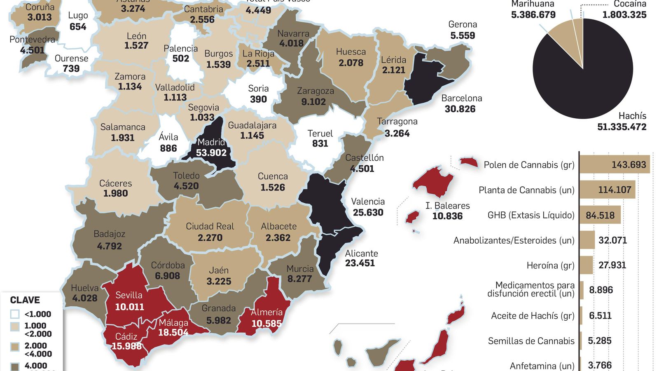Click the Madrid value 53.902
[x=211, y=153]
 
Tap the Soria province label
[x=258, y=89]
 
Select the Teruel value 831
[x=320, y=144]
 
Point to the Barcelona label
[x=461, y=99]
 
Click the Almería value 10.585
[x=266, y=324]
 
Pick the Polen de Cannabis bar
[x=614, y=164]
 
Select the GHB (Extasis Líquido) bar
[x=600, y=215]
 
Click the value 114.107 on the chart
[x=614, y=190]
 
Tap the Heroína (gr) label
[x=550, y=265]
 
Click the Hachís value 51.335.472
[x=622, y=127]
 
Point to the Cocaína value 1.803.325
[x=624, y=15]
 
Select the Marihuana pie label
[x=533, y=4]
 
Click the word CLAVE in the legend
[x=25, y=300]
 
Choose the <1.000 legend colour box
[x=15, y=314]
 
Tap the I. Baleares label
[x=447, y=206]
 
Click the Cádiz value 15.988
[x=126, y=346]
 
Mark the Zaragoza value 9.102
[x=313, y=102]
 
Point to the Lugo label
[x=78, y=16]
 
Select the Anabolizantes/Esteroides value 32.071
[x=612, y=240]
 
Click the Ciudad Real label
[x=210, y=226]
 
